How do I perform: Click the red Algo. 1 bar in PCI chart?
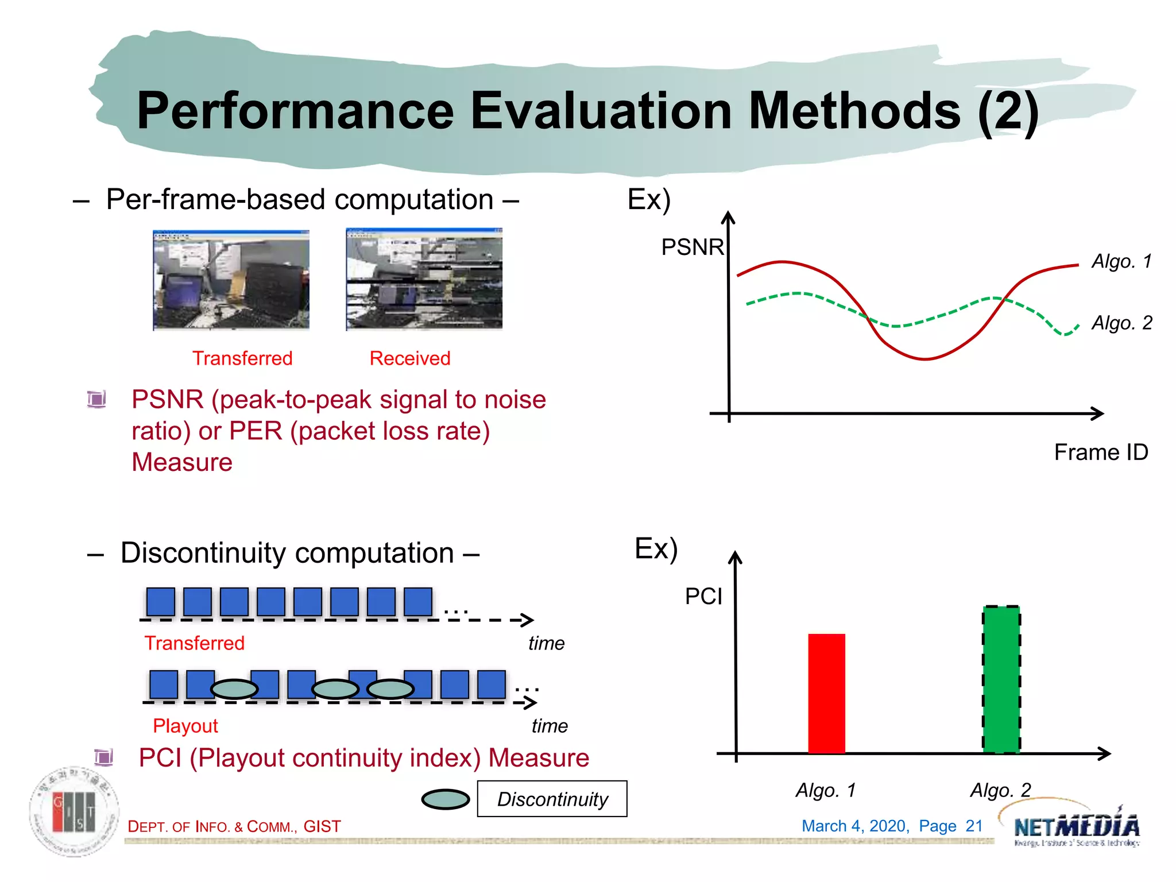pos(826,693)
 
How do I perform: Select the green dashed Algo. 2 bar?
pos(1001,679)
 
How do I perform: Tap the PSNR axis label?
pos(692,247)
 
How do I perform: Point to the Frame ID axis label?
pos(1100,452)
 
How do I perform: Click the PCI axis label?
pos(703,597)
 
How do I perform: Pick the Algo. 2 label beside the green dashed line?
pos(1121,323)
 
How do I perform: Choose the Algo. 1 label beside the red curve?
pos(1121,261)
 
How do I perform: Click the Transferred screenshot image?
pos(231,280)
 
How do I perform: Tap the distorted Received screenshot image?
pos(424,279)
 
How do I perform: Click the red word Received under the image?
pos(409,358)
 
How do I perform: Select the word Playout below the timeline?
pos(185,726)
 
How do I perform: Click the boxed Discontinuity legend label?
pos(552,799)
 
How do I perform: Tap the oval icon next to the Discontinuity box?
pos(446,799)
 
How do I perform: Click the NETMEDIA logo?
pos(1076,827)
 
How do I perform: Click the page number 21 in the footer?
pos(974,826)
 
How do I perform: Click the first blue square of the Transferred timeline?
pos(161,602)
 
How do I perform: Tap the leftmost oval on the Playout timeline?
pos(234,688)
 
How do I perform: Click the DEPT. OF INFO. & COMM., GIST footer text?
pos(234,826)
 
